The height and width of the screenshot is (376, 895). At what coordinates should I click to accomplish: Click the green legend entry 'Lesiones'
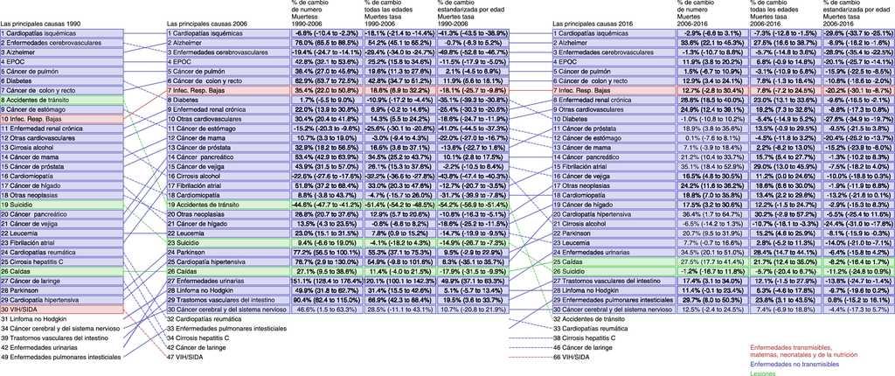762,373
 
